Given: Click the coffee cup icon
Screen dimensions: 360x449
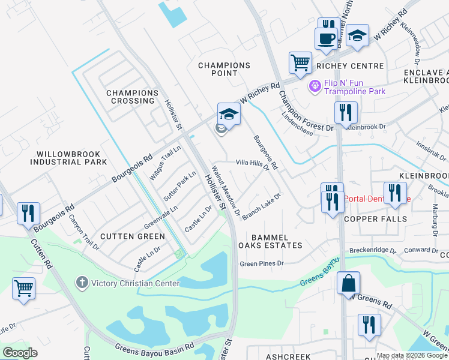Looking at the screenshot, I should tap(326, 39).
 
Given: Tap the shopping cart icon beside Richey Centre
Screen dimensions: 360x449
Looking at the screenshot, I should tap(300, 61).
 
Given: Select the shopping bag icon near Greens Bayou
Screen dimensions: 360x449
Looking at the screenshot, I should tap(348, 283).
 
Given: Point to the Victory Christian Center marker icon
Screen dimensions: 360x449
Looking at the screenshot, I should tap(82, 282).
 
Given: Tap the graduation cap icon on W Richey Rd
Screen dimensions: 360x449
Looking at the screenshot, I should tap(229, 113).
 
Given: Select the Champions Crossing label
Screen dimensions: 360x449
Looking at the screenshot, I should tap(133, 97).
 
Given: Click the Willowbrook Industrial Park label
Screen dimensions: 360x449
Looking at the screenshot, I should tap(68, 158).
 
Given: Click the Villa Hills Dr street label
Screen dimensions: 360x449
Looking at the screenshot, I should tap(252, 163).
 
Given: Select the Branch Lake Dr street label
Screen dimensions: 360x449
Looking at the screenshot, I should tap(262, 206).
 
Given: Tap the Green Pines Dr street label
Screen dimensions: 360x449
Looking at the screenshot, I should tap(261, 263).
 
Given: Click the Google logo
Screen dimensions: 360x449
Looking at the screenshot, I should tap(20, 352).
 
